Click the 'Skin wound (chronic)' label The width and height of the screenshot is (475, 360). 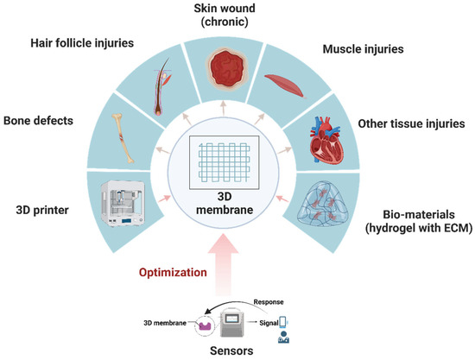[x=237, y=14]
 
